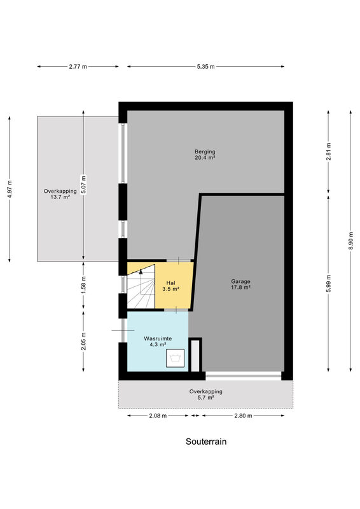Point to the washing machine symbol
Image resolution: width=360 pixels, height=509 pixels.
(x=176, y=358)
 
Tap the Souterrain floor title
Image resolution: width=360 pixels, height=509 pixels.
(x=206, y=442)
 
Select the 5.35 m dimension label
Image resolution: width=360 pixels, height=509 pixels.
(x=205, y=67)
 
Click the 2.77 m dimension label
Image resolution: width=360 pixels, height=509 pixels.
(x=78, y=67)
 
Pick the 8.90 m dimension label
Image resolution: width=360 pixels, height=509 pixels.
(x=350, y=241)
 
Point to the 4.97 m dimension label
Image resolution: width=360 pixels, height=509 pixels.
(x=10, y=189)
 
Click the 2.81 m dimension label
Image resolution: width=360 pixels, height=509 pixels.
(x=328, y=151)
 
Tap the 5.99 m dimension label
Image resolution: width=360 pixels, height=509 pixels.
(x=328, y=283)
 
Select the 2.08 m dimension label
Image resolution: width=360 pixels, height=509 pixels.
(x=158, y=416)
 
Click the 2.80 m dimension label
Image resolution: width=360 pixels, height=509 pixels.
(x=243, y=416)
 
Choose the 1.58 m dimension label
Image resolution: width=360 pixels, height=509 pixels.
(x=83, y=286)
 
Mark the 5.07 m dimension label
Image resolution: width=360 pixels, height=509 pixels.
(x=83, y=185)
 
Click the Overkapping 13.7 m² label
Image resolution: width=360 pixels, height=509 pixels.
(x=60, y=194)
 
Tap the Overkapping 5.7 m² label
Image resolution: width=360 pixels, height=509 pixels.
(x=206, y=394)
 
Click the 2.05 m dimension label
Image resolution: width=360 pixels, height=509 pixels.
(x=83, y=342)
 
